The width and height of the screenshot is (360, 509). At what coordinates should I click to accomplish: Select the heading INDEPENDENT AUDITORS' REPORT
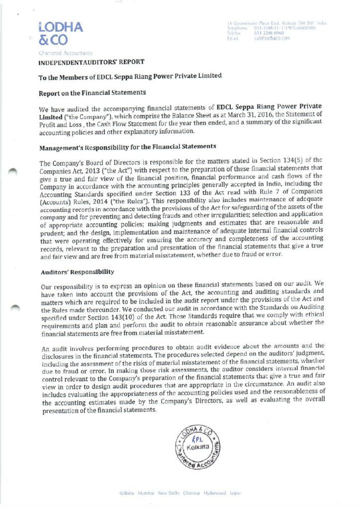(91, 62)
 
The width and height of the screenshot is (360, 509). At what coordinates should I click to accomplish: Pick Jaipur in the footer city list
(235, 493)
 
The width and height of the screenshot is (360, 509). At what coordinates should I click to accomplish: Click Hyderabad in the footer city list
(210, 493)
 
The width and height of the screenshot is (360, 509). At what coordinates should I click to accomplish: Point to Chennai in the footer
(187, 493)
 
